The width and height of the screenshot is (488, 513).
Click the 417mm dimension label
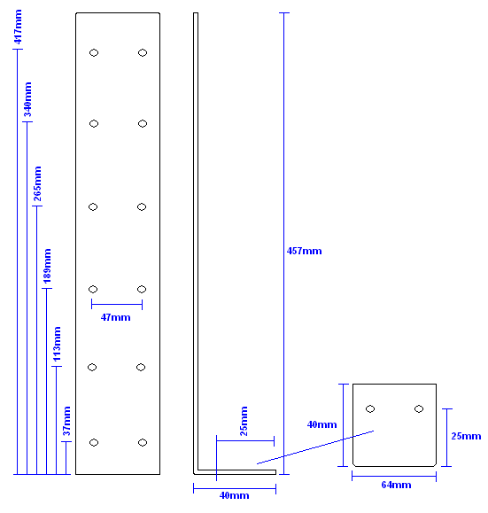pos(18,27)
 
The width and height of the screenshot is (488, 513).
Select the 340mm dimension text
pos(27,99)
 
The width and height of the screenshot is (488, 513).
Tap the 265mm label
pos(37,183)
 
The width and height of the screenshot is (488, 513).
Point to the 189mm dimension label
pos(48,266)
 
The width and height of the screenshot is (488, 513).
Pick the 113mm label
pos(58,344)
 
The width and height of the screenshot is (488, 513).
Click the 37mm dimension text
pos(66,421)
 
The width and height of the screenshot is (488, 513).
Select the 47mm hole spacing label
pos(115,317)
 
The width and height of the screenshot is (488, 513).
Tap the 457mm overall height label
pos(304,251)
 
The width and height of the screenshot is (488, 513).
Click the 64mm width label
pos(396,485)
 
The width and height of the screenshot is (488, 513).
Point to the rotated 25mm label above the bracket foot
pos(244,421)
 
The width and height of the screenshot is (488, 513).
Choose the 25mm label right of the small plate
pos(466,436)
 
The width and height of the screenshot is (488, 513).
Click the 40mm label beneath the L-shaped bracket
pos(234,495)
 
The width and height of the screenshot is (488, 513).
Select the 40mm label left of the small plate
pos(321,424)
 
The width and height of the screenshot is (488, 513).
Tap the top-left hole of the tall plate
pos(94,52)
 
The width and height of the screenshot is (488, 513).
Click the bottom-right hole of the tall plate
pos(143,443)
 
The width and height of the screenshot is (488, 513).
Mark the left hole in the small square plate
pos(370,409)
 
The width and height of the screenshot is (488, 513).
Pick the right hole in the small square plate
pos(419,409)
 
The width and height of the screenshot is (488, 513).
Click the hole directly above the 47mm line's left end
pos(93,289)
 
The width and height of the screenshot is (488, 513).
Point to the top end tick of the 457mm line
pos(284,13)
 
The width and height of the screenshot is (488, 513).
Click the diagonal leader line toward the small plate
pos(315,447)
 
